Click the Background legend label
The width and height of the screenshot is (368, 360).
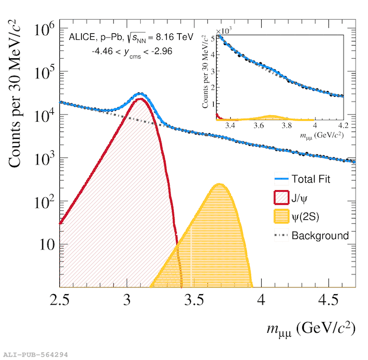coord(323,235)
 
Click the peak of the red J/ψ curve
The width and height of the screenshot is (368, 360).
coord(140,99)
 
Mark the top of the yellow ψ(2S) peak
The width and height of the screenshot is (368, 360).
coord(219,184)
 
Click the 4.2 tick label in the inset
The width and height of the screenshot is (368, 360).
coord(344,126)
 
